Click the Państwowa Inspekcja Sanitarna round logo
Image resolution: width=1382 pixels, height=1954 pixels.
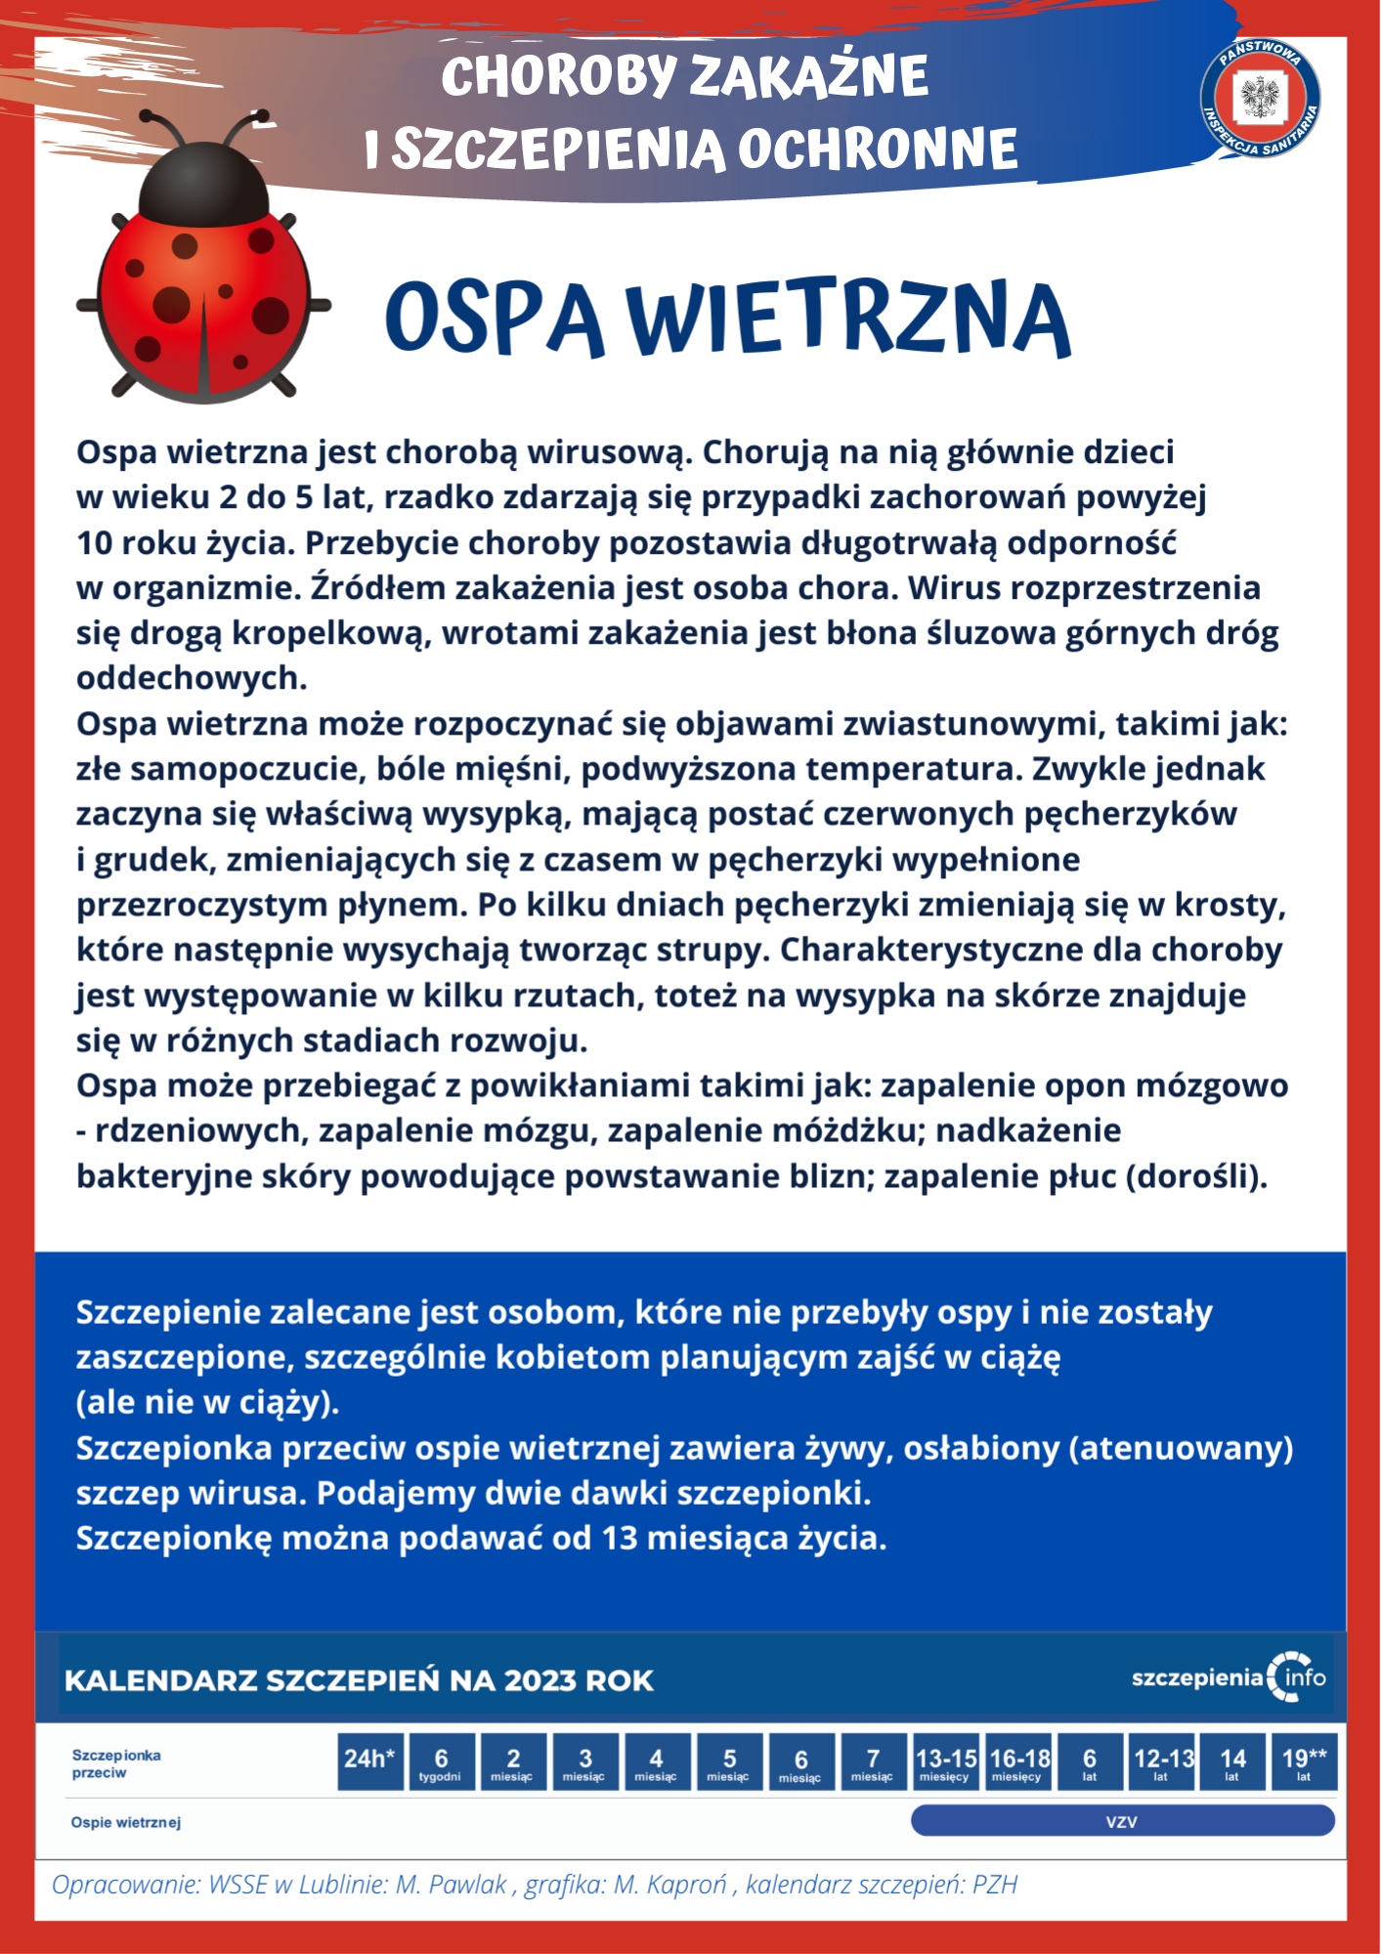coord(1260,98)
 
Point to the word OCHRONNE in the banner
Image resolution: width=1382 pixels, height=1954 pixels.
coord(877,149)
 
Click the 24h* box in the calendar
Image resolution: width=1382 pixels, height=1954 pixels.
coord(369,1762)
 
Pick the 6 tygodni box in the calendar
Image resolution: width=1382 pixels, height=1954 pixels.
coord(441,1762)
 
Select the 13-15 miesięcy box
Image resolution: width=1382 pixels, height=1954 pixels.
coord(945,1762)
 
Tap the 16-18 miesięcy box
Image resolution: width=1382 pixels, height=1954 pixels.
coord(1017,1762)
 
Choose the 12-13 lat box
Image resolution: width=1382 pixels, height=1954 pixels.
coord(1162,1762)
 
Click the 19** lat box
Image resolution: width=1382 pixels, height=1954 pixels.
coord(1304,1762)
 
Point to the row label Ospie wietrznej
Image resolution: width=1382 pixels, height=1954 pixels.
coord(126,1823)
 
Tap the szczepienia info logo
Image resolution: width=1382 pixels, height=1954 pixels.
coord(1229,1678)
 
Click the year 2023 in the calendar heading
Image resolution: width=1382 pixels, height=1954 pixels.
coord(540,1681)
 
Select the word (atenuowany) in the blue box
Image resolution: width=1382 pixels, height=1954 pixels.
coord(1181,1448)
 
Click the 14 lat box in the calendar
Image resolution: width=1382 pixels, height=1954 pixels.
coord(1232,1762)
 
